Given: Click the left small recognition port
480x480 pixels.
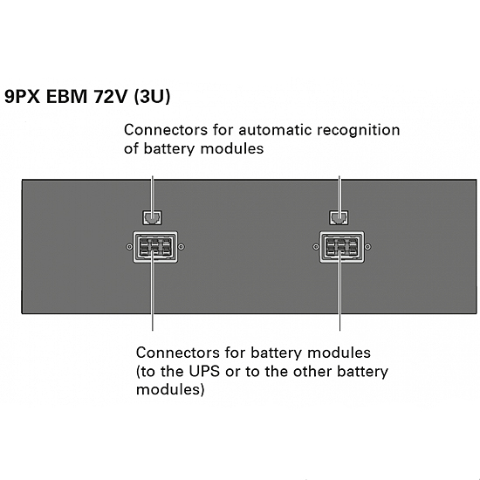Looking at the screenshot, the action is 153,217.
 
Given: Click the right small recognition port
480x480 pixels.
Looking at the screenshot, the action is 339,217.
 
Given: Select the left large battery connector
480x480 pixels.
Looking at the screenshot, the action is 155,247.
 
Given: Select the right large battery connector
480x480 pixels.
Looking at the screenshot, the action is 342,247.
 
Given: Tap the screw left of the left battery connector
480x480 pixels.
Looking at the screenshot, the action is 129,247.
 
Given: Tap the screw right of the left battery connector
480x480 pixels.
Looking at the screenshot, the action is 182,247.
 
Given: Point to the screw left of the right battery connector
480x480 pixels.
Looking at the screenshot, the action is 316,247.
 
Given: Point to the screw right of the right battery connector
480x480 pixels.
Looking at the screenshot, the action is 368,247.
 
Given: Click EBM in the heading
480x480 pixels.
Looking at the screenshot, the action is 67,96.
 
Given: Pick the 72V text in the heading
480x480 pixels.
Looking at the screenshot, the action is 111,96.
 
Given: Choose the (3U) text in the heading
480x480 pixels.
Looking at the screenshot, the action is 152,96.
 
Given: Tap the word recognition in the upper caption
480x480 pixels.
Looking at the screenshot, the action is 359,131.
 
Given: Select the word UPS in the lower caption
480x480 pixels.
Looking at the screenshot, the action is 204,372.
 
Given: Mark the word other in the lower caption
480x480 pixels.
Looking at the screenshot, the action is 312,372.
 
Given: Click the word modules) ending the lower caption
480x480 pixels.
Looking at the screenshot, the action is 170,390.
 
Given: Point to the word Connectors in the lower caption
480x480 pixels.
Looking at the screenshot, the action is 177,353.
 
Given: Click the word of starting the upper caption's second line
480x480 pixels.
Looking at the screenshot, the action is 131,148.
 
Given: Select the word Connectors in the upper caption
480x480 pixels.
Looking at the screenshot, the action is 166,130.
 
